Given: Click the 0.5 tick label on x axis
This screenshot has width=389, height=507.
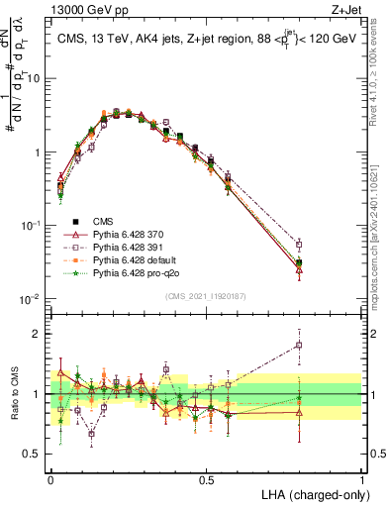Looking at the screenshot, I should (x=207, y=478).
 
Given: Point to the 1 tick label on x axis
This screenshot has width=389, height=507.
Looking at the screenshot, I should (x=362, y=478).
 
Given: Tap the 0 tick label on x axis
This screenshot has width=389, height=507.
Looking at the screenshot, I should (x=50, y=478).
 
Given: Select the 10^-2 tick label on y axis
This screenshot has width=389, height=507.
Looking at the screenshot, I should (x=33, y=300).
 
